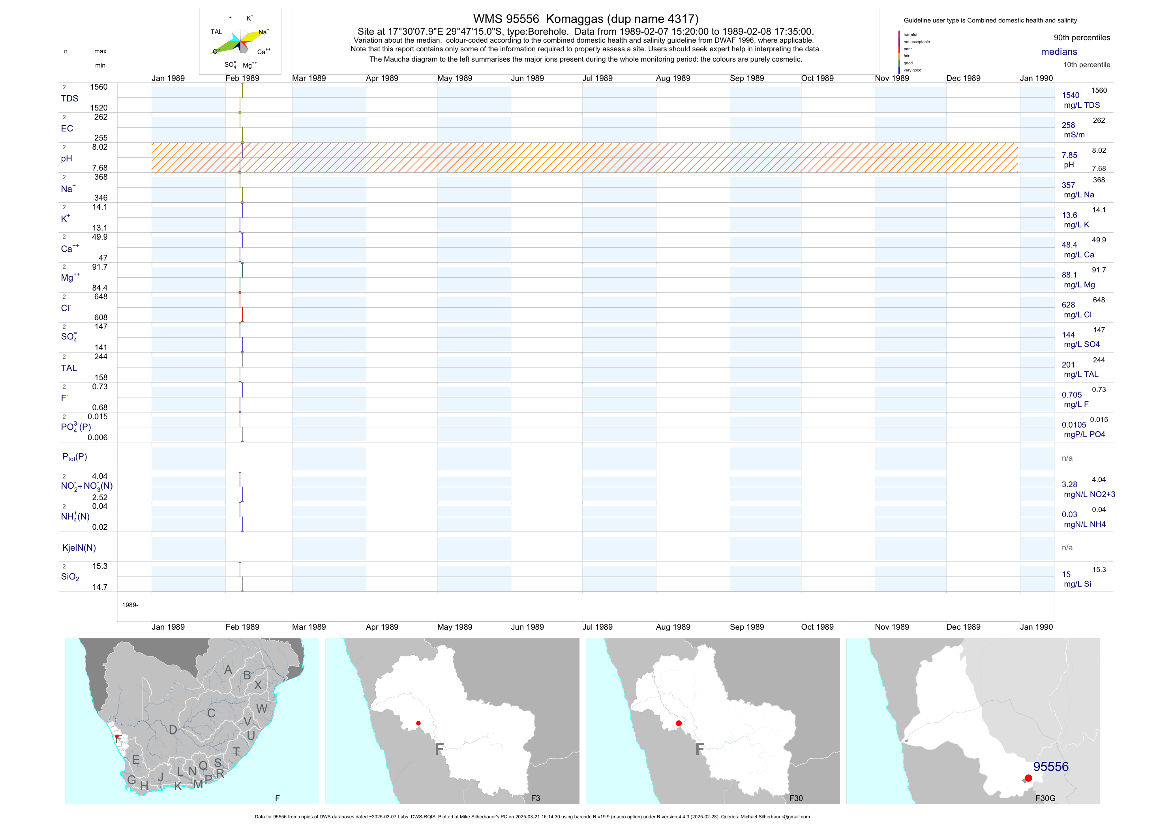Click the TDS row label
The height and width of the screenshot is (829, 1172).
tap(69, 99)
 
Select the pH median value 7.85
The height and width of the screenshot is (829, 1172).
tap(1069, 155)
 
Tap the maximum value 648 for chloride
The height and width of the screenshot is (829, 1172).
tap(101, 296)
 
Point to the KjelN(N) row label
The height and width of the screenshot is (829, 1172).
tap(79, 548)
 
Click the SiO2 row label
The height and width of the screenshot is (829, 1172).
tap(70, 577)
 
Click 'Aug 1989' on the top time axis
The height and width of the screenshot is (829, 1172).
tap(673, 78)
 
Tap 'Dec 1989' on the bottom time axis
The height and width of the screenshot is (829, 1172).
tap(963, 627)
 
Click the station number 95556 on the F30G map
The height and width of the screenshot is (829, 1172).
tap(1050, 767)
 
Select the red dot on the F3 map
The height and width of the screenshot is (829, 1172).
tap(418, 723)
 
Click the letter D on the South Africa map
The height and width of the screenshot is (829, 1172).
tap(173, 730)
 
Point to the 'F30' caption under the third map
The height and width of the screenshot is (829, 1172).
tap(796, 798)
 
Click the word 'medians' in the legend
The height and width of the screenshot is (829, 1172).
tap(1059, 52)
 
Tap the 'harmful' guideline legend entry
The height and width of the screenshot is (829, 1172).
tap(910, 35)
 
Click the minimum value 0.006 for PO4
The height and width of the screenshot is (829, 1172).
tap(98, 437)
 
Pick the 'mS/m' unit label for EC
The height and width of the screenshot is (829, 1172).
tap(1074, 135)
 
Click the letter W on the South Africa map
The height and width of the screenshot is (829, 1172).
tap(262, 709)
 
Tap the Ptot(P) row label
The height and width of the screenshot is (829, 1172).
tap(75, 457)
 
